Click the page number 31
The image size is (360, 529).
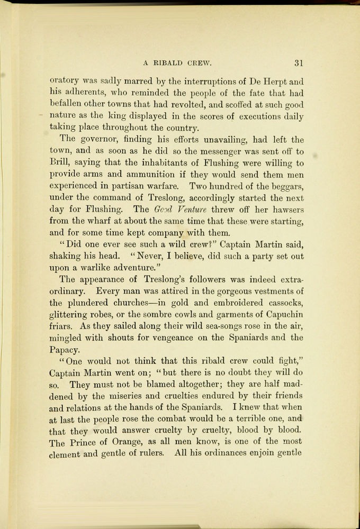(299, 63)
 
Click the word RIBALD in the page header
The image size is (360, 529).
(167, 63)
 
